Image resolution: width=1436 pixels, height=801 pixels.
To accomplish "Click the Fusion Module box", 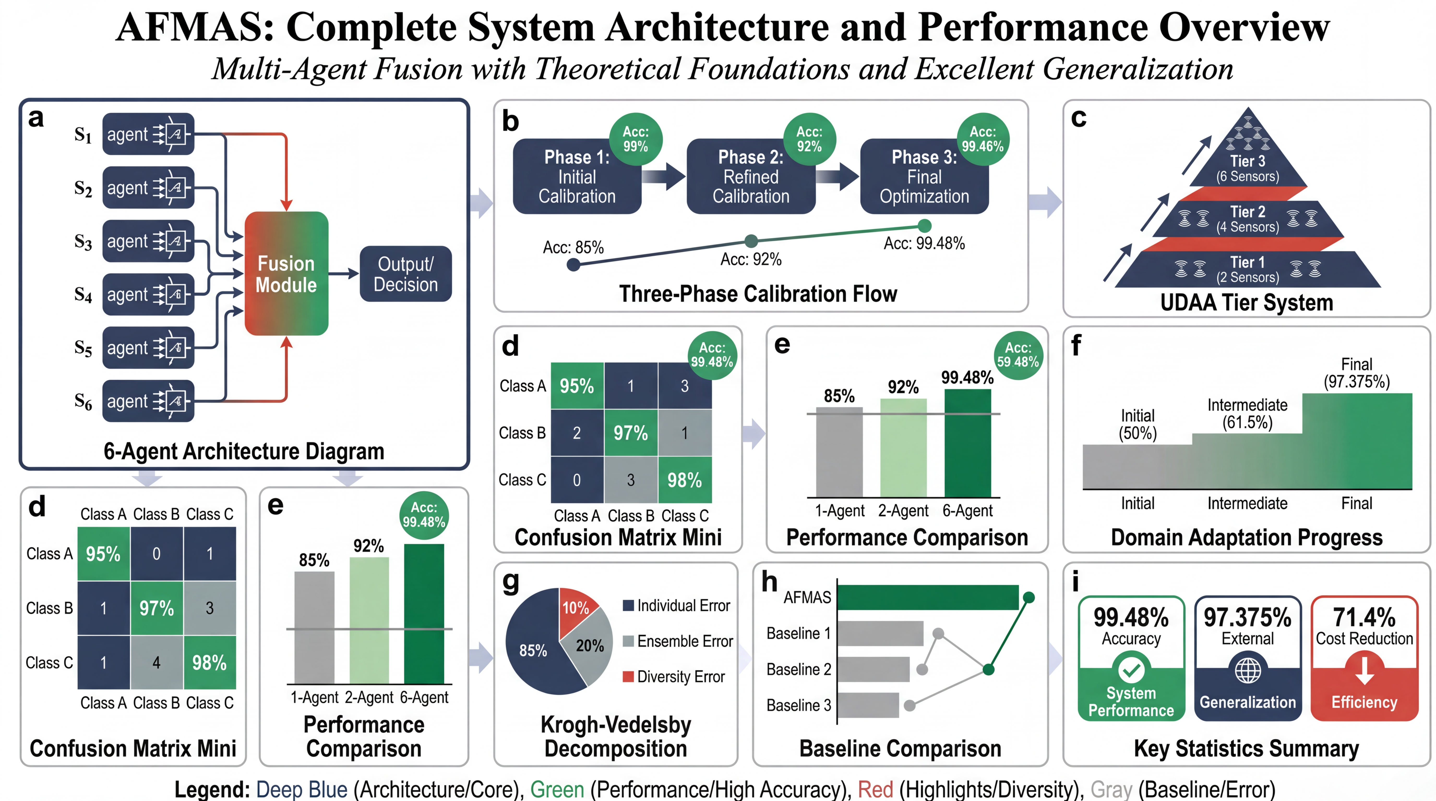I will tap(286, 274).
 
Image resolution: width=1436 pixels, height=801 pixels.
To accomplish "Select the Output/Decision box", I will tap(405, 274).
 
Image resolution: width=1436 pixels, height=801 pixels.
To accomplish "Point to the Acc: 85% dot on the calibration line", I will tap(573, 265).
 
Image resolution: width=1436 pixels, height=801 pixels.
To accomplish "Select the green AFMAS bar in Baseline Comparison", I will tap(928, 598).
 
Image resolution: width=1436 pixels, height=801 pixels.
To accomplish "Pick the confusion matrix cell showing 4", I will tap(157, 662).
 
